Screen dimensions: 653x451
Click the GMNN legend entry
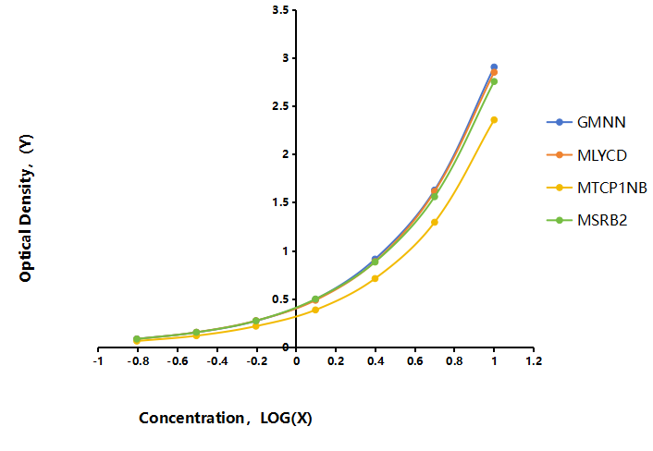coord(586,122)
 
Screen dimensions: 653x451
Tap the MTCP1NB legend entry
coord(597,188)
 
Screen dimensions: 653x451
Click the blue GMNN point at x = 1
coord(494,67)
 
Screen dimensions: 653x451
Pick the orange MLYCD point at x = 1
coord(494,72)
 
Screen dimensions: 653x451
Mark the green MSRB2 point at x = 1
coord(494,81)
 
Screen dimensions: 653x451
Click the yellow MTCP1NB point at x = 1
coord(494,120)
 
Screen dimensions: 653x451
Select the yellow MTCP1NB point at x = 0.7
coord(435,222)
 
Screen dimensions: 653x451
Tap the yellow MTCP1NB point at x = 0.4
coord(375,278)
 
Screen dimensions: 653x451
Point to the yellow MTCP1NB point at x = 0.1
coord(315,310)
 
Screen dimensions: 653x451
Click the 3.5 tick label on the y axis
coord(280,9)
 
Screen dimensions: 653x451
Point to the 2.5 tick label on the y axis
coord(280,106)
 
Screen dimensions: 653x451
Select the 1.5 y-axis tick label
coord(280,202)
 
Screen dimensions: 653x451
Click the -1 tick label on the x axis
coord(98,361)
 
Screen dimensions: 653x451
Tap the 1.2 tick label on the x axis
coord(534,361)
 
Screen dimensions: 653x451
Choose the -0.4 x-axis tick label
coord(216,361)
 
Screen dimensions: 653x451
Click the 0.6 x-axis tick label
coord(414,361)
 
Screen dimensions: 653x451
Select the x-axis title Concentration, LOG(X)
coord(226,418)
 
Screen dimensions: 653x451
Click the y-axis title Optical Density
coord(26,208)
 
